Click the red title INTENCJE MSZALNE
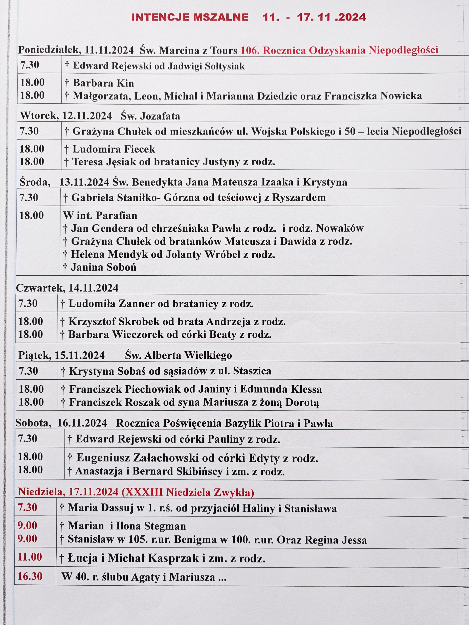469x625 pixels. pyautogui.click(x=190, y=17)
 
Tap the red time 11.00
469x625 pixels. pyautogui.click(x=30, y=557)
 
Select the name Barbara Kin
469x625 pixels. pyautogui.click(x=103, y=83)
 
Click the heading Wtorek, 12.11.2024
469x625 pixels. pyautogui.click(x=66, y=116)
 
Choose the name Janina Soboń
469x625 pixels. pyautogui.click(x=103, y=267)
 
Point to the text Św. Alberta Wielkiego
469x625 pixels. pyautogui.click(x=178, y=355)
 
